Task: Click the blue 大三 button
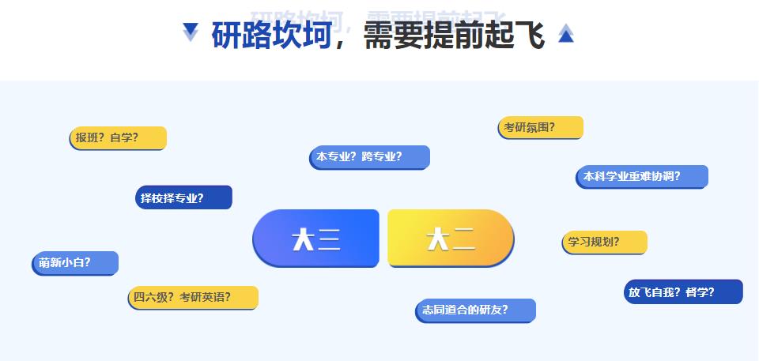315,238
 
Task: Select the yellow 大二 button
451,238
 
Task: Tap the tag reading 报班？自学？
118,137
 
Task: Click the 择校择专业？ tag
183,197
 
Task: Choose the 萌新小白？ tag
75,262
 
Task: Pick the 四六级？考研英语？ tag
193,297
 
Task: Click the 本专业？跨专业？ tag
369,156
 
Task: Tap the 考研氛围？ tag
541,127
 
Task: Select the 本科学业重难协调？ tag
641,176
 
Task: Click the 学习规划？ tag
604,242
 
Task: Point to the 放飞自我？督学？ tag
683,291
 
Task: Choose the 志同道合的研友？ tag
475,310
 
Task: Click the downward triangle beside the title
191,32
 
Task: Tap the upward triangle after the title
565,33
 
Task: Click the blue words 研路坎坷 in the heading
270,36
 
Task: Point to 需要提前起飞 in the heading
454,36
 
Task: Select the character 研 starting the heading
226,36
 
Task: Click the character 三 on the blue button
329,239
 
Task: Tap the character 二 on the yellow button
463,239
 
